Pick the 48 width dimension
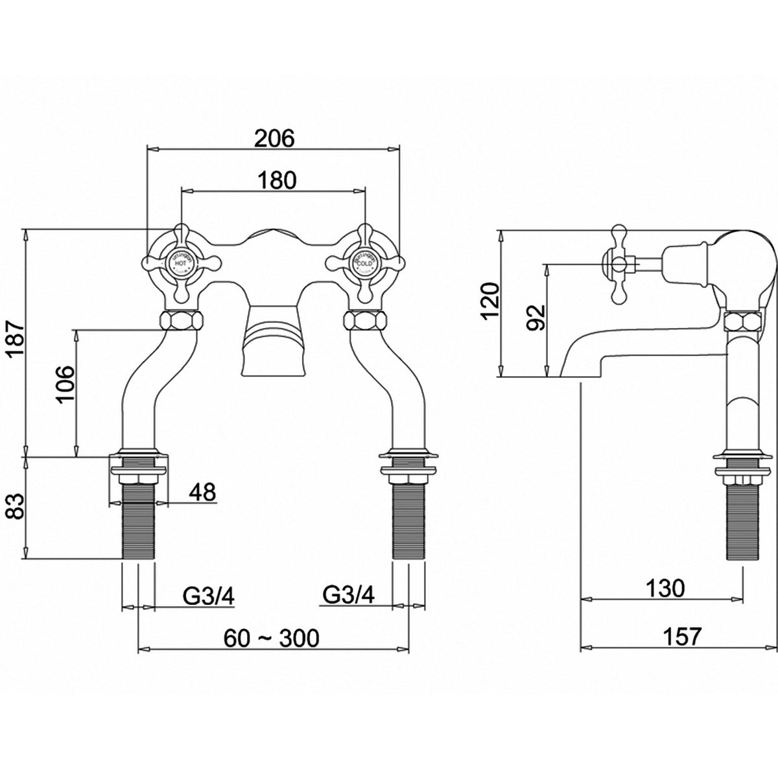[x=202, y=492]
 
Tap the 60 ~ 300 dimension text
[x=272, y=639]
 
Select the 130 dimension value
[x=665, y=589]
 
